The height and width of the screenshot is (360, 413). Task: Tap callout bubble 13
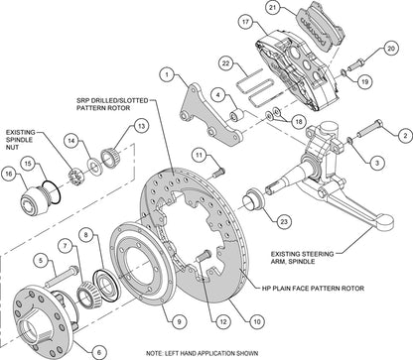[141, 126]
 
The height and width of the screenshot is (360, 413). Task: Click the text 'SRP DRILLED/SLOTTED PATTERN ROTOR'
[123, 106]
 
